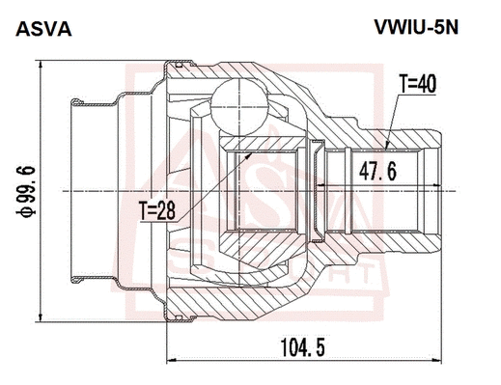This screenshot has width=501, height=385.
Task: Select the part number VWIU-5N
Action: (415, 28)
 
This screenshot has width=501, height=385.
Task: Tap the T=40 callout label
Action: (417, 84)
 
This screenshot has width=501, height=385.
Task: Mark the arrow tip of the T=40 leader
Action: (387, 150)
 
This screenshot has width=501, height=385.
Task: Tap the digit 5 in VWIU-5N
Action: (438, 28)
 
